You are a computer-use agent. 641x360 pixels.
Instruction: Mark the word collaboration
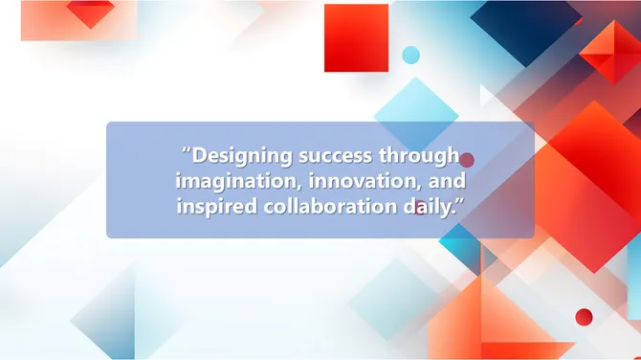click(x=319, y=206)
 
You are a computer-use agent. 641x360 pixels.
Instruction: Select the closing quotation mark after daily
click(x=459, y=201)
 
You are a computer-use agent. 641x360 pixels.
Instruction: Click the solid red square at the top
click(x=356, y=37)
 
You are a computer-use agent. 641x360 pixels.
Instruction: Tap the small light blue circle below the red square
click(x=410, y=55)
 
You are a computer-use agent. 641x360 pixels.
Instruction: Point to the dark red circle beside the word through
click(x=467, y=160)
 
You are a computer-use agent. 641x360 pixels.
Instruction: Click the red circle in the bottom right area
click(x=584, y=317)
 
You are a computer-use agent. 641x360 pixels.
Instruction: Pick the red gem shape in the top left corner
click(x=91, y=13)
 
